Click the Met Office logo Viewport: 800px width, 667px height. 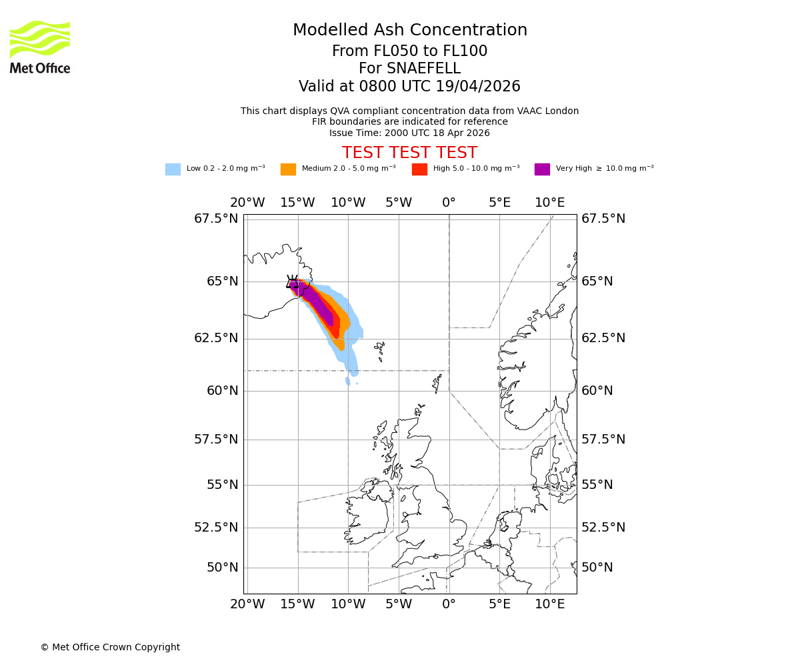point(40,47)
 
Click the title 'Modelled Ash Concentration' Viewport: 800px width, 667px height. point(409,31)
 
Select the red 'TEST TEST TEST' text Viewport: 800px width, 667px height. point(409,153)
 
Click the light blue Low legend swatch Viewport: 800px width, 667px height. point(173,169)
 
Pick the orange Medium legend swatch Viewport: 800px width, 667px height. point(288,169)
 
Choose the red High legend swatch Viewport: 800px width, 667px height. point(419,169)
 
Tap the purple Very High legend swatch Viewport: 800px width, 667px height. point(542,169)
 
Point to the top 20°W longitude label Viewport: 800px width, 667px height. point(247,203)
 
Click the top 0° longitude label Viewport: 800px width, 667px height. point(449,203)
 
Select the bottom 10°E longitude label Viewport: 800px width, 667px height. point(549,604)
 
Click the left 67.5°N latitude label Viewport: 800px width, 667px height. point(216,219)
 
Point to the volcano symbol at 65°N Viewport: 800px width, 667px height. point(293,282)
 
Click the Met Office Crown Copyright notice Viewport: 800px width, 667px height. point(110,647)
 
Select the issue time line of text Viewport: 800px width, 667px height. point(409,133)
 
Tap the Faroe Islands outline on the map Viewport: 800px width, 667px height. point(379,350)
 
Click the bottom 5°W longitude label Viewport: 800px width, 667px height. point(398,604)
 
